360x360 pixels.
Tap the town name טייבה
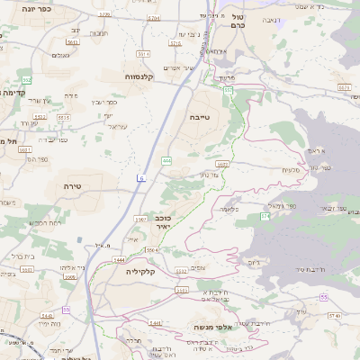[x=199, y=117]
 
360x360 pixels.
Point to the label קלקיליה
[x=141, y=271]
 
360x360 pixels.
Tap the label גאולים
[x=61, y=56]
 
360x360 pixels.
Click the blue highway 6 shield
[x=140, y=178]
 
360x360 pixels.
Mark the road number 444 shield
[x=167, y=161]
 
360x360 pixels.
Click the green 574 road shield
[x=265, y=216]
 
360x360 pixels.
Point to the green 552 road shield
[x=27, y=80]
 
